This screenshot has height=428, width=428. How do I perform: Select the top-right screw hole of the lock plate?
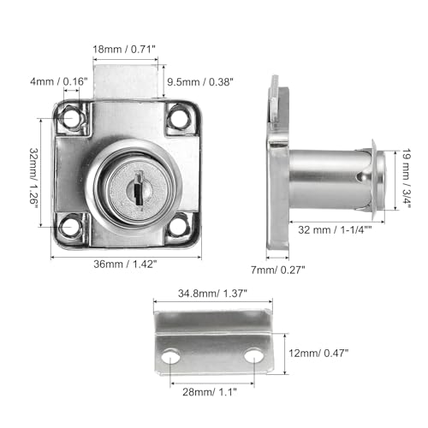[x=180, y=117]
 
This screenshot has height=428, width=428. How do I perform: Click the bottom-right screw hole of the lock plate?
[x=178, y=226]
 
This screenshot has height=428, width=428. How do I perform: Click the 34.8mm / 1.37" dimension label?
[x=212, y=294]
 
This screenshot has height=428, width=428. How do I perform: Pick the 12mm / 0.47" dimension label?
[x=318, y=351]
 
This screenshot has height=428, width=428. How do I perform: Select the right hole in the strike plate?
[x=254, y=354]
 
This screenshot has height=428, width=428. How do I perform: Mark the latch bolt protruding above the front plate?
[x=127, y=82]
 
